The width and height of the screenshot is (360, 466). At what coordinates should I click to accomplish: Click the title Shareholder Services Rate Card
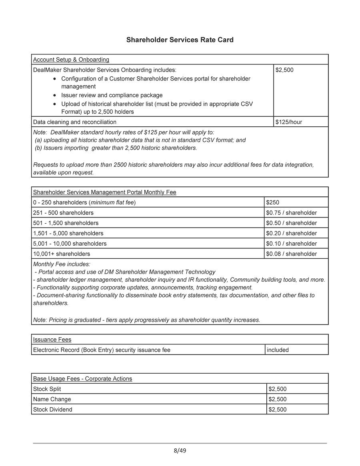tap(180, 40)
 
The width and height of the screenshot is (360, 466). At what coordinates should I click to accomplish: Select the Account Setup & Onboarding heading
tap(71, 60)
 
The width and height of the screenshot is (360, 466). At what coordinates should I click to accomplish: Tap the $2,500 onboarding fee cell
tap(284, 70)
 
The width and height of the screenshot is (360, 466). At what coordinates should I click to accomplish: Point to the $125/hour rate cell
tap(289, 122)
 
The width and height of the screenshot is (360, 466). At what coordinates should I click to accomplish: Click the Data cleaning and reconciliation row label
tap(75, 122)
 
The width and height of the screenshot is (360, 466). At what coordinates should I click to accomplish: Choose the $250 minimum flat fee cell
tap(273, 202)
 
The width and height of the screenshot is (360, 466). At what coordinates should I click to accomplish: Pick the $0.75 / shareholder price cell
tap(291, 213)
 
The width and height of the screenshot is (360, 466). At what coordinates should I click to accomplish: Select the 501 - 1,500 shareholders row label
tap(66, 223)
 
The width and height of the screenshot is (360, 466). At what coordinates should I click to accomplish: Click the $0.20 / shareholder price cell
tap(291, 233)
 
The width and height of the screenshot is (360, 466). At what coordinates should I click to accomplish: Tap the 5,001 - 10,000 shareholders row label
tap(70, 244)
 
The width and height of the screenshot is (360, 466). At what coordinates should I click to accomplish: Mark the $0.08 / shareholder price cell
tap(291, 254)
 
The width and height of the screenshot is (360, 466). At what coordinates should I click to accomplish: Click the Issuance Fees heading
tap(52, 340)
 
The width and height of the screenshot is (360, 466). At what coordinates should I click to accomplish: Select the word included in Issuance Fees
tap(278, 350)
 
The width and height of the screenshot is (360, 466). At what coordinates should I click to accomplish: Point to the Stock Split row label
tap(47, 389)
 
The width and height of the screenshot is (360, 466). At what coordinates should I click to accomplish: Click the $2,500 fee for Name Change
tap(278, 399)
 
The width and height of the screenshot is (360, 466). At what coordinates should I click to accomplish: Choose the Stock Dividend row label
tap(53, 410)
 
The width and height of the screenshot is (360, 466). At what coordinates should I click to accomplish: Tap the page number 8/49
tap(180, 451)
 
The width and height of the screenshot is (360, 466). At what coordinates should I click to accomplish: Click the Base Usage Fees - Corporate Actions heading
tap(82, 379)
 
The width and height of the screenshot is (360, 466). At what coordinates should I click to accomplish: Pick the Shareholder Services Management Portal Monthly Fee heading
tap(104, 192)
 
